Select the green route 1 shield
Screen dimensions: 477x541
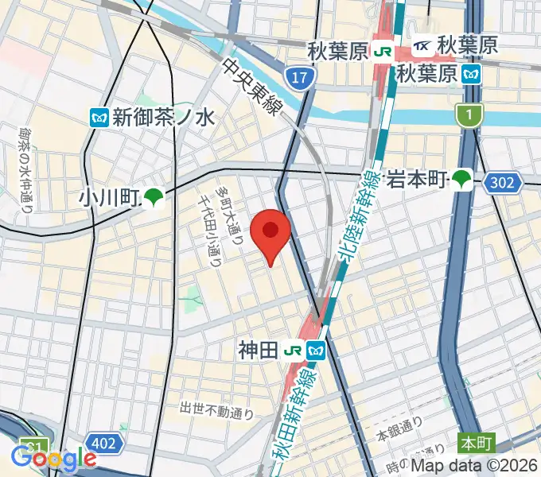point(469,117)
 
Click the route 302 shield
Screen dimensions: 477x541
point(502,183)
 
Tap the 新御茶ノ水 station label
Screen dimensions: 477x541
point(163,118)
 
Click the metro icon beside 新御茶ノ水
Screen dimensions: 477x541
point(99,118)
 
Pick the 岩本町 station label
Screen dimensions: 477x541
point(414,180)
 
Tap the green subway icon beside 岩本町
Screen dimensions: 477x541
point(461,180)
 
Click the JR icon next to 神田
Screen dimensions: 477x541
point(294,349)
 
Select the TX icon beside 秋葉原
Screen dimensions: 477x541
point(422,45)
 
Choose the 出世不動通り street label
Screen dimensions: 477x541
point(216,410)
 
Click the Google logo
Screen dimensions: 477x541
point(53,459)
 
